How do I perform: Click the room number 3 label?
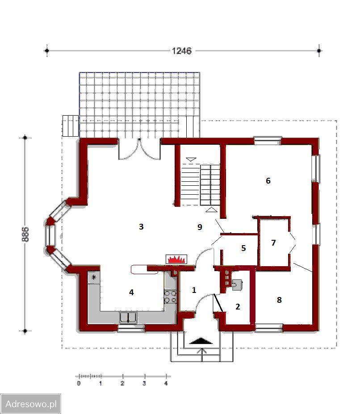[x=141, y=226]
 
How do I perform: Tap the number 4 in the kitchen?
[x=131, y=292]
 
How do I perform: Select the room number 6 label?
[x=268, y=180]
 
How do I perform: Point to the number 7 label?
[x=273, y=243]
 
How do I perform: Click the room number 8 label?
[x=279, y=300]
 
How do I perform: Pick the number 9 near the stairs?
[x=200, y=227]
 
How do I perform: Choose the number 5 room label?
[x=243, y=248]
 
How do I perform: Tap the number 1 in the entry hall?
[x=194, y=290]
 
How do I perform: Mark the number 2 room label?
[x=238, y=306]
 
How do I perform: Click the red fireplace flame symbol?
[x=176, y=259]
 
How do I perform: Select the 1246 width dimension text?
[x=181, y=51]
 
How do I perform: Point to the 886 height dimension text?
[x=25, y=234]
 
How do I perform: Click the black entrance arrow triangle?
[x=201, y=341]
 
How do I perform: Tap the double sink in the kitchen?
[x=128, y=317]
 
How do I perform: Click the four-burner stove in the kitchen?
[x=170, y=297]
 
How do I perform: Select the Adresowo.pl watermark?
[x=31, y=404]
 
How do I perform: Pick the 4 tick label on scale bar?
[x=166, y=383]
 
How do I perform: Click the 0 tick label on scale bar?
[x=79, y=383]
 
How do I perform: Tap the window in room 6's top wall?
[x=267, y=141]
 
